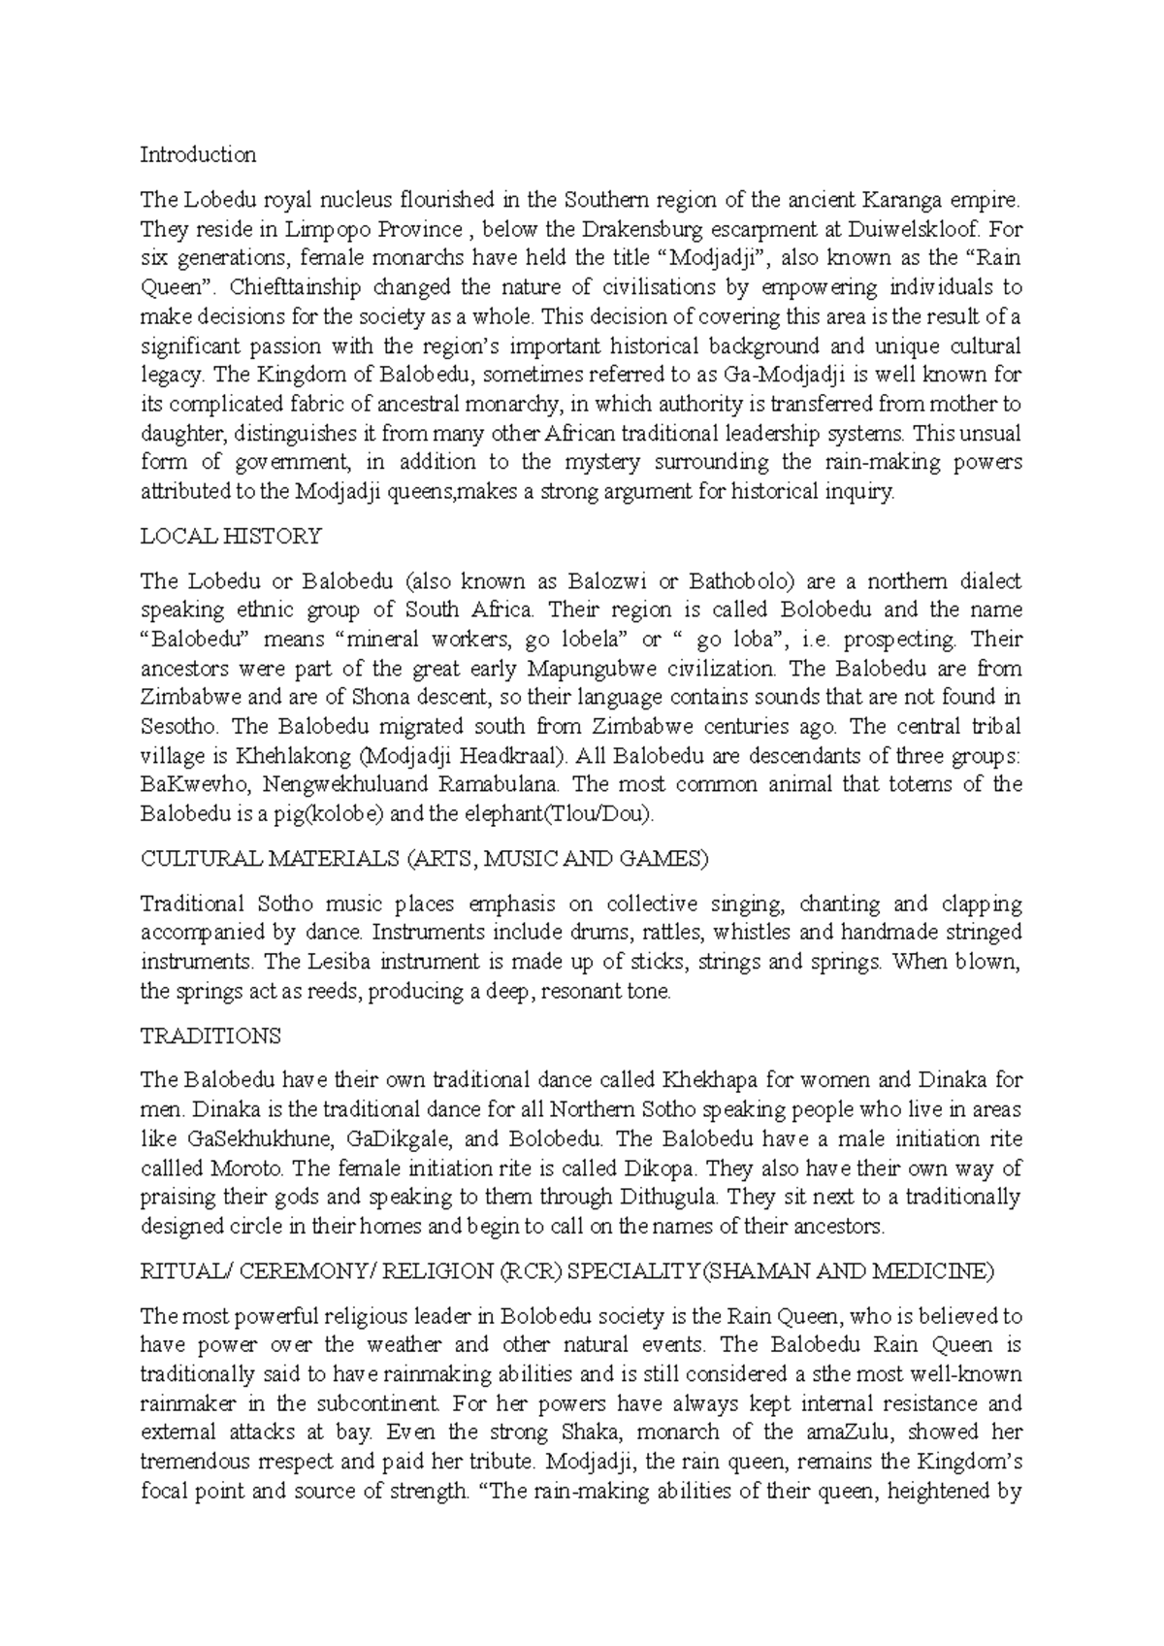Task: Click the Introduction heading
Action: point(198,155)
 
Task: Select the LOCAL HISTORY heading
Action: point(231,536)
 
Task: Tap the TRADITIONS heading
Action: point(210,1036)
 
